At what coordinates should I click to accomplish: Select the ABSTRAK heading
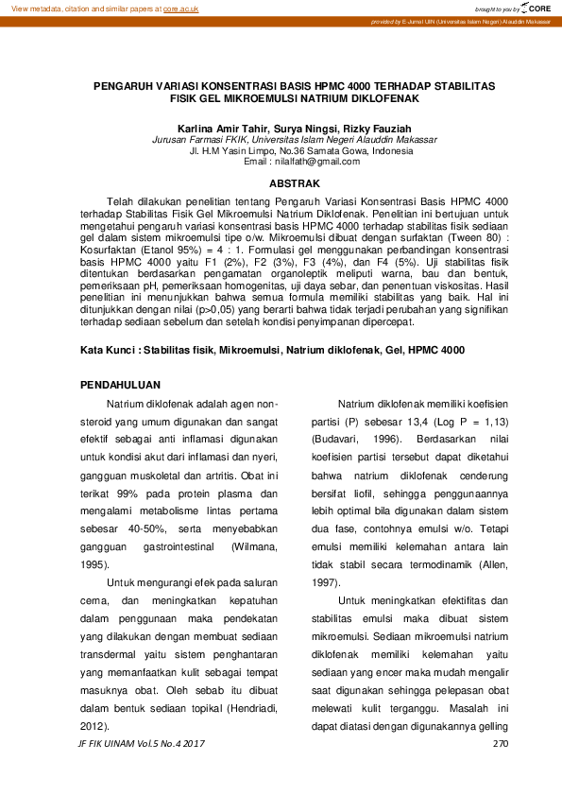(x=294, y=182)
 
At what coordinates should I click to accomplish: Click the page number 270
(x=501, y=744)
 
